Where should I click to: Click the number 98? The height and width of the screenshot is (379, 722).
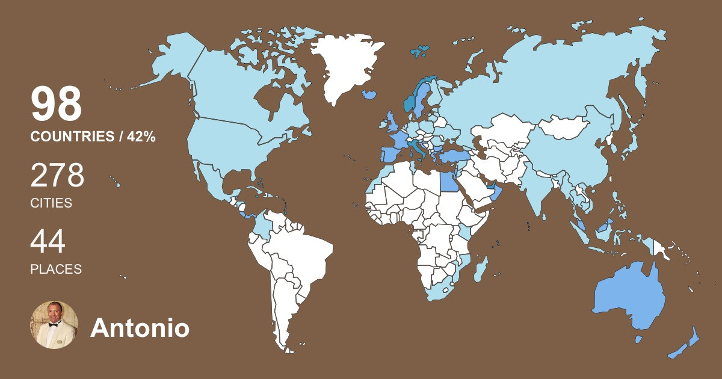tap(56, 105)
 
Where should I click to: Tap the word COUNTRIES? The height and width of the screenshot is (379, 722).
tap(72, 137)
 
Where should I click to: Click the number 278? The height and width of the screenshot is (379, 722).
tap(57, 176)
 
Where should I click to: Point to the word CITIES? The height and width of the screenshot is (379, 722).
tap(51, 203)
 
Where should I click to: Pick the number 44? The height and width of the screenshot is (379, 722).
tap(48, 242)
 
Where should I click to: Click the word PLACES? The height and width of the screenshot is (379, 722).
tap(56, 269)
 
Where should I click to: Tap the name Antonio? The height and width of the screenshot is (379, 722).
tap(140, 328)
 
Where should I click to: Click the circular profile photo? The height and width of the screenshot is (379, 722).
tap(54, 325)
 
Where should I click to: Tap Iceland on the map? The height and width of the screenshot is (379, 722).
tap(369, 94)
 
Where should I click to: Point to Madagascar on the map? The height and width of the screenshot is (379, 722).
tap(480, 269)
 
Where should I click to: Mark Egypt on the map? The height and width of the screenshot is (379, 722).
tap(448, 179)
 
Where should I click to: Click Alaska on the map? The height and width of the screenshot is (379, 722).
tap(174, 60)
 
